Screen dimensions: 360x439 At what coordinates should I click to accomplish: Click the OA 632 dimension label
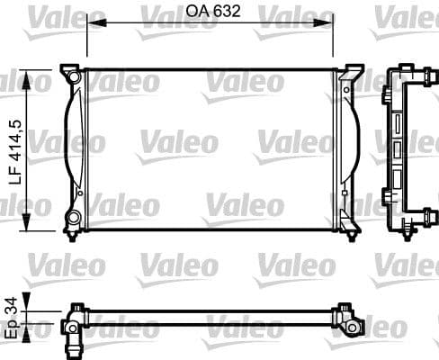click(x=211, y=13)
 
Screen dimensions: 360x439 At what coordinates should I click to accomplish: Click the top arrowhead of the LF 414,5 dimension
click(x=33, y=72)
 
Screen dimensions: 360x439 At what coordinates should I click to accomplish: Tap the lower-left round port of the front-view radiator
click(x=73, y=218)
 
